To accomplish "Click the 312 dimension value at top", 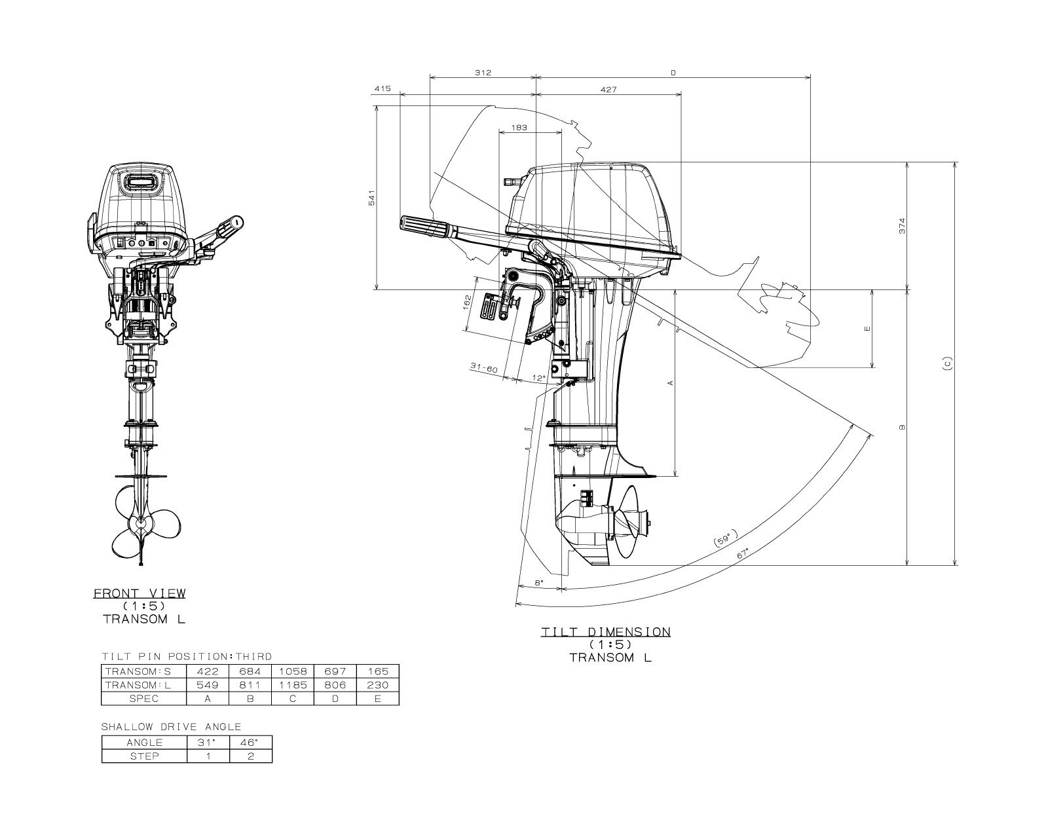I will tap(483, 73).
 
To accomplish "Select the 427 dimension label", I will tap(608, 90).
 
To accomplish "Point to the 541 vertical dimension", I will tap(371, 198).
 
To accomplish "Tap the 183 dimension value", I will tap(519, 128).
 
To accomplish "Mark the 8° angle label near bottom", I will tap(539, 582).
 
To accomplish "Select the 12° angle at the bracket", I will tap(539, 378).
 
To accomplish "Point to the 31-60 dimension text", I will tap(484, 369).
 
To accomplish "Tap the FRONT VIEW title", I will tap(140, 593).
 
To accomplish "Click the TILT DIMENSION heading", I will tap(606, 632).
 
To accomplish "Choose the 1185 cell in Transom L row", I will tap(293, 685).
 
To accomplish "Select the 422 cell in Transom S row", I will tap(208, 671).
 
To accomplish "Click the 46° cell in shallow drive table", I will tap(250, 743).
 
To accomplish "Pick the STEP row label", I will tap(144, 756).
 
